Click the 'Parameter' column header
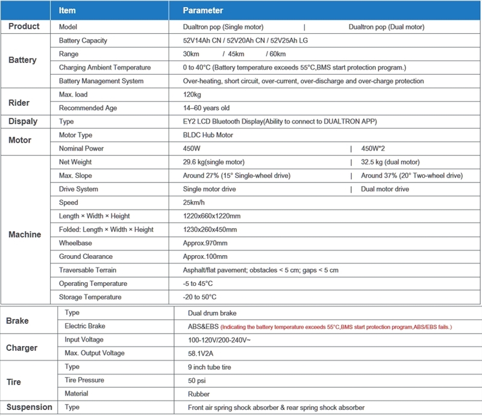point(203,10)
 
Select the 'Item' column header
point(67,10)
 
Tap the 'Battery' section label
point(22,60)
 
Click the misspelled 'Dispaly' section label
point(22,122)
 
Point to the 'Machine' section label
point(25,234)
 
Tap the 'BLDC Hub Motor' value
point(208,135)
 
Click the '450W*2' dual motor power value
point(375,149)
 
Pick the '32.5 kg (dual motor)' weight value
point(390,162)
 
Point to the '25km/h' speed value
point(196,203)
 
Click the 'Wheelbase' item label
point(75,243)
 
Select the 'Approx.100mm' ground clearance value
point(205,257)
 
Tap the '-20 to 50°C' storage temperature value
point(199,297)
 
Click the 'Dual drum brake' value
point(213,313)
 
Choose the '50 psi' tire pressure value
point(198,380)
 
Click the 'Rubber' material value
point(199,394)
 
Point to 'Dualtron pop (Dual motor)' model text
point(386,27)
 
